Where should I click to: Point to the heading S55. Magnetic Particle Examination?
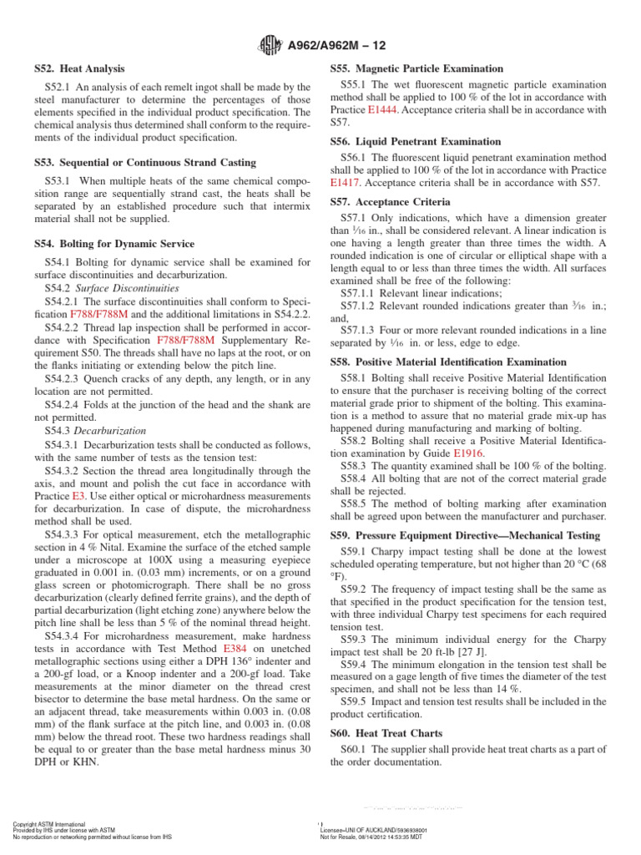pos(416,68)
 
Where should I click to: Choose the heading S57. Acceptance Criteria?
pos(390,202)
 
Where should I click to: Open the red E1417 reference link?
pos(348,183)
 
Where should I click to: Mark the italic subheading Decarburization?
pos(112,431)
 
